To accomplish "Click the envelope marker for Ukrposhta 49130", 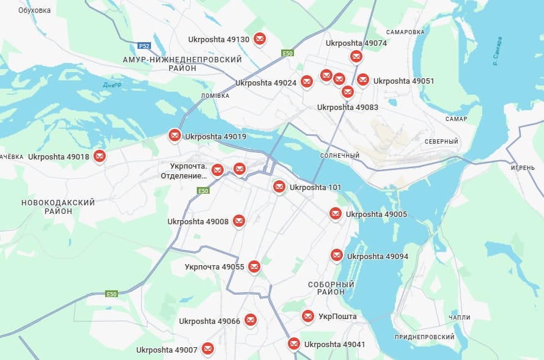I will coord(260,39).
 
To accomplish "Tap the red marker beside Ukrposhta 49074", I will coord(356,56).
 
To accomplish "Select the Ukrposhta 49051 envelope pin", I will coord(363,80).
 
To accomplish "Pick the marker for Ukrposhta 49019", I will coord(175,135).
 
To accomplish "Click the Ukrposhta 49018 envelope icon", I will coord(100,156).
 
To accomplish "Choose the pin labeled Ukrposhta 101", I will coord(279,186).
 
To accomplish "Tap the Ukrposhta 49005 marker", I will coord(336,213).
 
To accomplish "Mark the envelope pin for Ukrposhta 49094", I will coord(337,255).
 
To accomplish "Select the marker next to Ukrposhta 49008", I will coord(239,221).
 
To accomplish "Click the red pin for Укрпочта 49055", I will coord(254,266).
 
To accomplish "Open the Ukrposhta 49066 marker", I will coord(250,320).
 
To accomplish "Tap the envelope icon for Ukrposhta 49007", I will coord(208,349).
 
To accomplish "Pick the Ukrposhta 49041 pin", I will coord(294,343).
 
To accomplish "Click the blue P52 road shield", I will coord(144,46).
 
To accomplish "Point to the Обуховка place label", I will coord(35,10).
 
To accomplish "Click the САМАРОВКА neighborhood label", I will coord(405,32).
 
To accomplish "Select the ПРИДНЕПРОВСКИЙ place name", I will coord(424,337).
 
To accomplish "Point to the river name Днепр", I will coord(112,84).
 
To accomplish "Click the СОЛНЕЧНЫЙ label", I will coord(339,155).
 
